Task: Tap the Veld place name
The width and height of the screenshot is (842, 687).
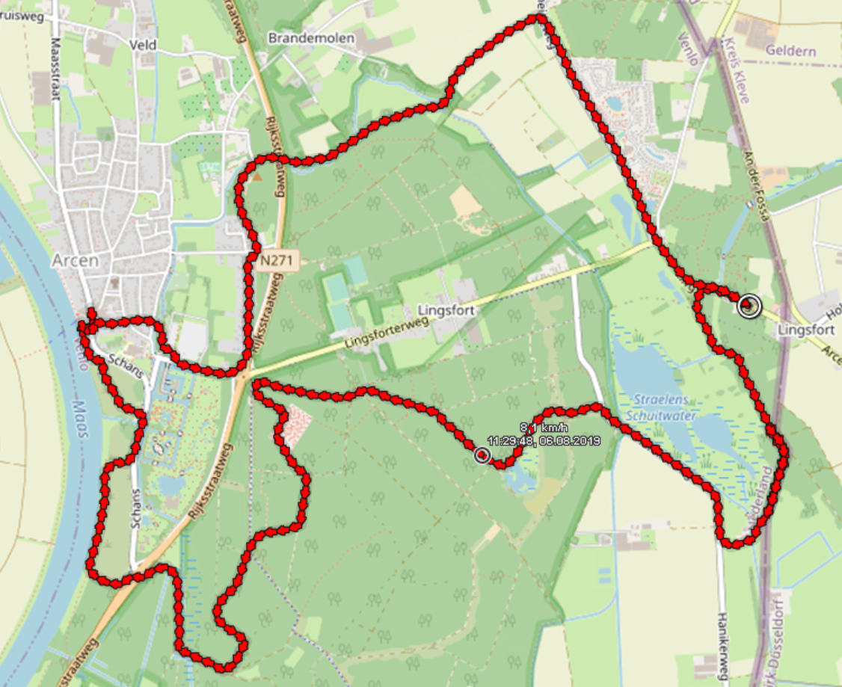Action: tap(143, 46)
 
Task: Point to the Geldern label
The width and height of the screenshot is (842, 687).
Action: tap(790, 52)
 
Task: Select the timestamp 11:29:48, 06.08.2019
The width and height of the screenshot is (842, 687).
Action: tap(544, 441)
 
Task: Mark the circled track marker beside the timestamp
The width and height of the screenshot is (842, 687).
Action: tap(482, 455)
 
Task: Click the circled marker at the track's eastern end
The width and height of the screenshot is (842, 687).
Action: tap(748, 305)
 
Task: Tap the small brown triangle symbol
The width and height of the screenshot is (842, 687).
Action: tap(258, 178)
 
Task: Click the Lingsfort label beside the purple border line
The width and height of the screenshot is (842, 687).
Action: tap(806, 330)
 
